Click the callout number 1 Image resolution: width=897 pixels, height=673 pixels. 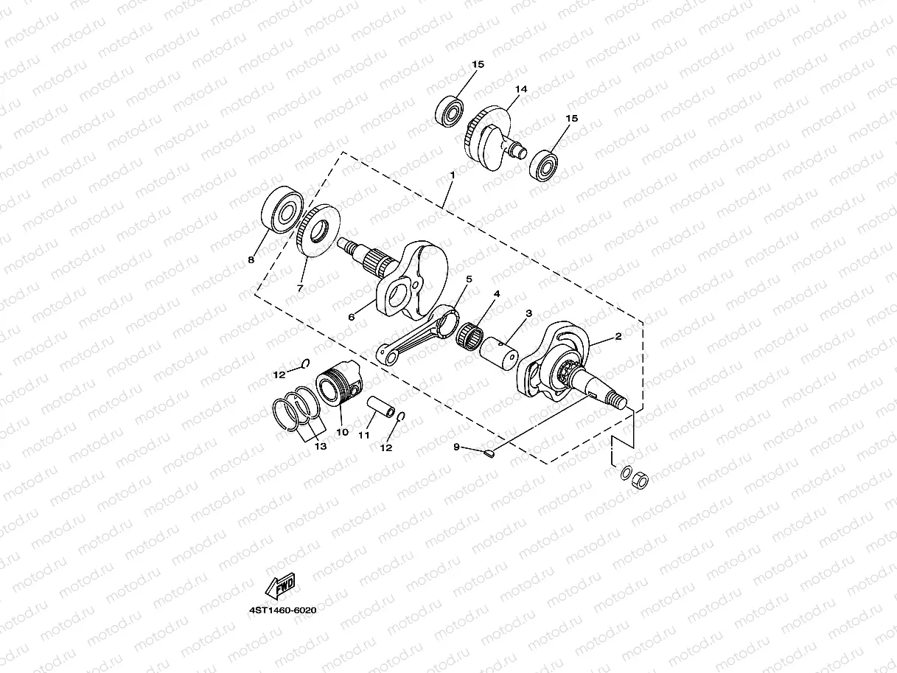(452, 175)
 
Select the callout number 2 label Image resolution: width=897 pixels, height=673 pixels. (618, 337)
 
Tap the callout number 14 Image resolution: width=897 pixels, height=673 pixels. (521, 89)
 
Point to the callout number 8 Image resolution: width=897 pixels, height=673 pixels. (251, 259)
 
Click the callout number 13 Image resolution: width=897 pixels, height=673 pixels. (320, 447)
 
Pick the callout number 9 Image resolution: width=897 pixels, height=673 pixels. (456, 447)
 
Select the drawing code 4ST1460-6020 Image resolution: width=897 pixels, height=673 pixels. (287, 610)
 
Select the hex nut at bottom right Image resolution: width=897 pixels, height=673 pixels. (641, 480)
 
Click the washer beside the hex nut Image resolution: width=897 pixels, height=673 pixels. (625, 473)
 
